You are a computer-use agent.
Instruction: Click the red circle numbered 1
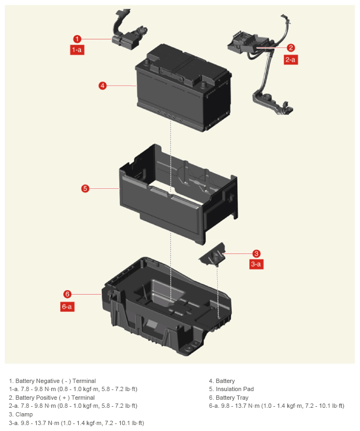(77, 39)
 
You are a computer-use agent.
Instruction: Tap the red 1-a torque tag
(77, 50)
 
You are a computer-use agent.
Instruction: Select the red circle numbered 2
(291, 48)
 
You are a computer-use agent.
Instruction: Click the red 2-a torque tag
(290, 60)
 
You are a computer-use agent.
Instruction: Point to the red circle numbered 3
(256, 254)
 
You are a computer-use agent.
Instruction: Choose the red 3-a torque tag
(256, 264)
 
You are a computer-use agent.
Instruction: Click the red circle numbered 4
(102, 85)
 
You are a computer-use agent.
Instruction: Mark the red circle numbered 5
(85, 188)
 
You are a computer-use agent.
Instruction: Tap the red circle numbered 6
(67, 294)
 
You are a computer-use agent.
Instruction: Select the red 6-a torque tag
(67, 306)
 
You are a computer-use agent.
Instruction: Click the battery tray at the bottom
(166, 306)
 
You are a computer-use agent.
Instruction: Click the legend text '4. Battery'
(222, 381)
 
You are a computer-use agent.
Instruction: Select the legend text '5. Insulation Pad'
(231, 389)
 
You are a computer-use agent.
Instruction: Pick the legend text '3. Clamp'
(21, 414)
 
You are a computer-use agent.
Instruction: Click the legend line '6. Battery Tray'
(229, 398)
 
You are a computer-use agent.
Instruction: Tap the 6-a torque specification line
(276, 406)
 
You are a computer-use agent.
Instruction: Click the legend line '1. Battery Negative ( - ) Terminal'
(52, 381)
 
